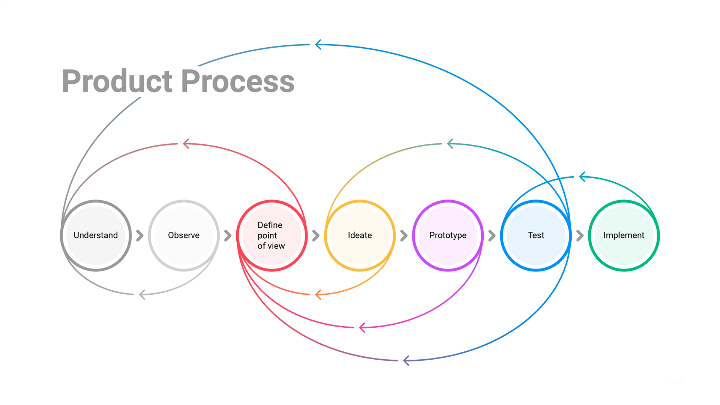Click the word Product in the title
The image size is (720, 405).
tap(117, 81)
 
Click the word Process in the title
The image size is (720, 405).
tap(238, 81)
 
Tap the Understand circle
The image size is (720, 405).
tap(96, 235)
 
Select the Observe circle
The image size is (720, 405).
tap(184, 235)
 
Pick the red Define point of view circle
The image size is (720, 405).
tap(271, 235)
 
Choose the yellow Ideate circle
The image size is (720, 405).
tap(360, 235)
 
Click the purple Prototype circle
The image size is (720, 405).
tap(448, 235)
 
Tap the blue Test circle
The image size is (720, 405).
tap(536, 235)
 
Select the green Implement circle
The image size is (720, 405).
tap(624, 235)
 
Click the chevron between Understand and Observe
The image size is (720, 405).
tap(140, 235)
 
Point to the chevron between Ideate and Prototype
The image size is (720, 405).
tap(404, 235)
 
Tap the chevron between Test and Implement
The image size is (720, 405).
tap(580, 235)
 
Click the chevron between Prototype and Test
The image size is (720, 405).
tap(492, 235)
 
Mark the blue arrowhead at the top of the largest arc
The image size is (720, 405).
tap(318, 45)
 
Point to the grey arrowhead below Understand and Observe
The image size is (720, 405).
tap(142, 294)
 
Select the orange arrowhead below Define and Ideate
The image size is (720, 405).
tap(318, 294)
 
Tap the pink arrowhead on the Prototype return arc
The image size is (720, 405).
tap(362, 327)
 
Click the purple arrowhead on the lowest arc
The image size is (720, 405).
tap(406, 361)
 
